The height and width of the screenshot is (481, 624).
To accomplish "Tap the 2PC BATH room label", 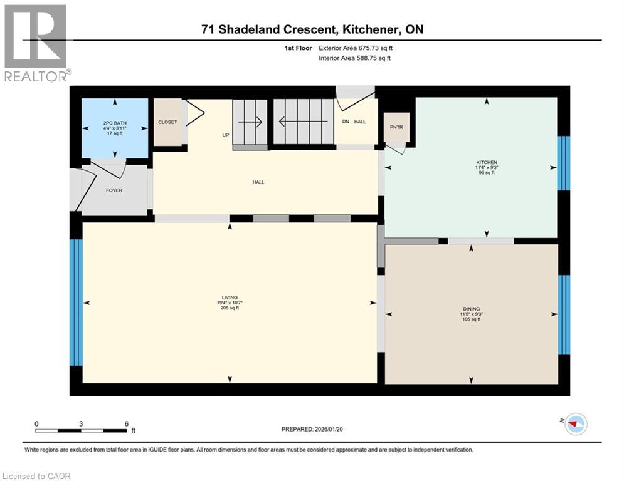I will (x=115, y=123).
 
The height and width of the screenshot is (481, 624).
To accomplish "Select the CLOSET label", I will (x=167, y=122).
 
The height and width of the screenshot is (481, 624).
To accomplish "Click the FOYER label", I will (x=114, y=190).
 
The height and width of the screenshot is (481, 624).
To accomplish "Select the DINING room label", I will (x=471, y=309).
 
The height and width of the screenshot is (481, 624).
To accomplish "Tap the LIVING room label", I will (x=229, y=297).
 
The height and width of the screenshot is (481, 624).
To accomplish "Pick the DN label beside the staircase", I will (x=345, y=122).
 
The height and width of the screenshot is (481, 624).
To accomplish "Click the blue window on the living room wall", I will (x=75, y=302).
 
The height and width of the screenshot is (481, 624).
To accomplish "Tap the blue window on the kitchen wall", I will (x=564, y=163).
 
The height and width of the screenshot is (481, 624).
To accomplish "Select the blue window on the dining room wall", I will (x=564, y=314).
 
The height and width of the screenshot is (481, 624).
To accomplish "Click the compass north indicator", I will (x=575, y=424).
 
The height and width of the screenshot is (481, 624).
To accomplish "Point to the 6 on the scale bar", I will (x=126, y=423).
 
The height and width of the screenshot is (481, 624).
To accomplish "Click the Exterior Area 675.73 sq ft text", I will (x=356, y=48).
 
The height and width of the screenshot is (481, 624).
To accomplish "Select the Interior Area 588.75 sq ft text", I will (x=356, y=58).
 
